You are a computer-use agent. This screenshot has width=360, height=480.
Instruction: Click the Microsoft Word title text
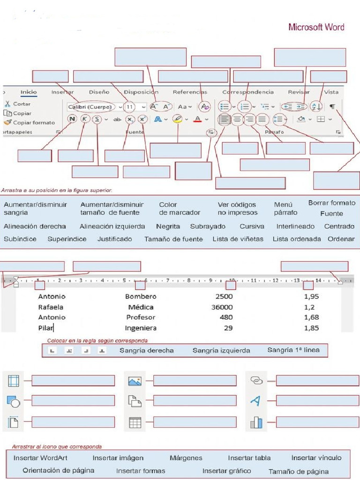coord(316,27)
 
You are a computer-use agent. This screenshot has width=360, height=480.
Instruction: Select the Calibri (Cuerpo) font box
coord(90,107)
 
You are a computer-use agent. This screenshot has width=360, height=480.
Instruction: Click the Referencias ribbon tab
coord(189,92)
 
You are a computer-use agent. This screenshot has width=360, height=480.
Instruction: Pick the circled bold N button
coord(72,119)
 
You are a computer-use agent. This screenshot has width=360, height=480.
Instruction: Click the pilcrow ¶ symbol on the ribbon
coord(332,106)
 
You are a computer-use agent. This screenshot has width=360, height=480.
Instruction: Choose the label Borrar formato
coord(332,203)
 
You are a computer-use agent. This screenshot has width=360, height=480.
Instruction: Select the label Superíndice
coord(67,239)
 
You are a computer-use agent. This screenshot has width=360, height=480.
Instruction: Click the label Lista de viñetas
coord(238,239)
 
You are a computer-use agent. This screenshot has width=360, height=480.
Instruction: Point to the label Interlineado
coord(295,226)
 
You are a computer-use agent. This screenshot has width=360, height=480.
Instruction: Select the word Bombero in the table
coord(141,297)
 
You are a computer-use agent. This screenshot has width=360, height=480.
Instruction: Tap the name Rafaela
coord(51,307)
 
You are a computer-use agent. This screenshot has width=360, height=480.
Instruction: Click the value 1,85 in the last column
coord(311,328)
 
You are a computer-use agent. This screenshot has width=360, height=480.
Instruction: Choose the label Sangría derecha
coord(146,351)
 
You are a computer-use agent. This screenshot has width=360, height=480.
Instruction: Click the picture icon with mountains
coord(135,381)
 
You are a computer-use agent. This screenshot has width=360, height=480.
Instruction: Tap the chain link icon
coord(256,380)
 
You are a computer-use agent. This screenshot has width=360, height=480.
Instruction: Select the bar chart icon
coord(256,423)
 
